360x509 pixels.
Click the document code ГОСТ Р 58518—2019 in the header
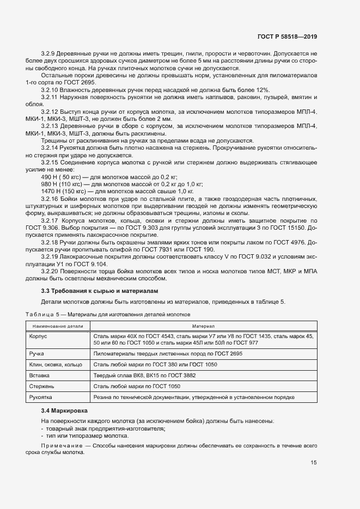286,36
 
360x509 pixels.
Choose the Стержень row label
41,387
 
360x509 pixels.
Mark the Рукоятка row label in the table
41,398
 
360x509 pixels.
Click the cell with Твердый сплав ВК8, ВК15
144,376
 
